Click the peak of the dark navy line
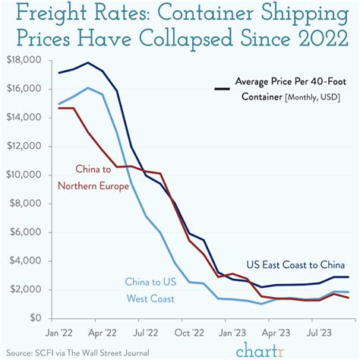pos(90,62)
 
